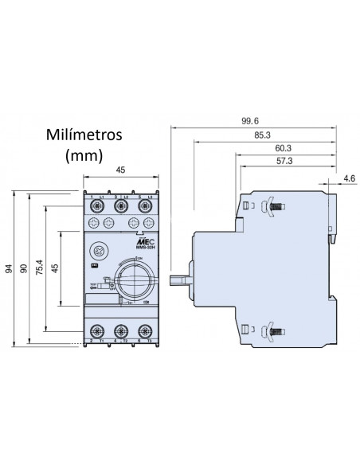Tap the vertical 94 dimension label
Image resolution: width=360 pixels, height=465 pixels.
9,268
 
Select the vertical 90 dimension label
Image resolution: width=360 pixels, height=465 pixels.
25,268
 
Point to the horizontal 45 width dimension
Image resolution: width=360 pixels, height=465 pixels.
120,169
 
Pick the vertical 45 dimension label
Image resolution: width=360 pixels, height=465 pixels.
55,268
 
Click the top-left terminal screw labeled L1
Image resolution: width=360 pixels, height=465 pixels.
97,205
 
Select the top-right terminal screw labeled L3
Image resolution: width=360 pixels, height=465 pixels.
145,205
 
